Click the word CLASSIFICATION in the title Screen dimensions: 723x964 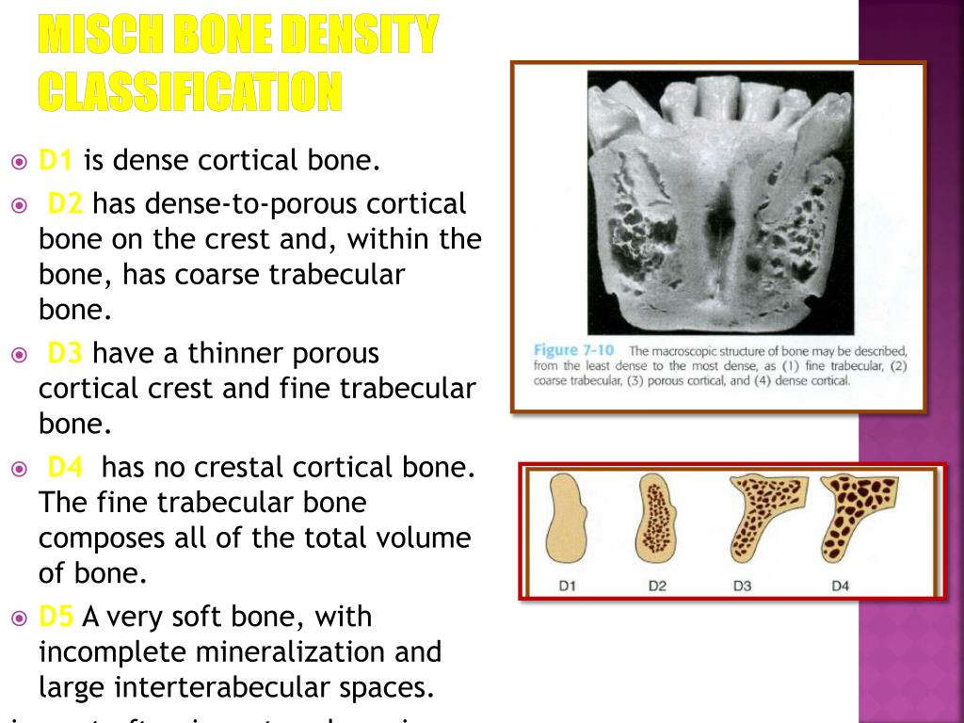[189, 90]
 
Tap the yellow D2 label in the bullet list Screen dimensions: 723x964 [65, 203]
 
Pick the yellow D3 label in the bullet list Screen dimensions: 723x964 [65, 354]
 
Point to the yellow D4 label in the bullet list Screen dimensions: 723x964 [66, 466]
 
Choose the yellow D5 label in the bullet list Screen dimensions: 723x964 [56, 617]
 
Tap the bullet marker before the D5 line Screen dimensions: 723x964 [20, 618]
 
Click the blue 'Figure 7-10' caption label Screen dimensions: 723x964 [564, 350]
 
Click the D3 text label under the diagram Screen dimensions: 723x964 [742, 586]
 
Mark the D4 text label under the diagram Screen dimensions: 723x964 [840, 586]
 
